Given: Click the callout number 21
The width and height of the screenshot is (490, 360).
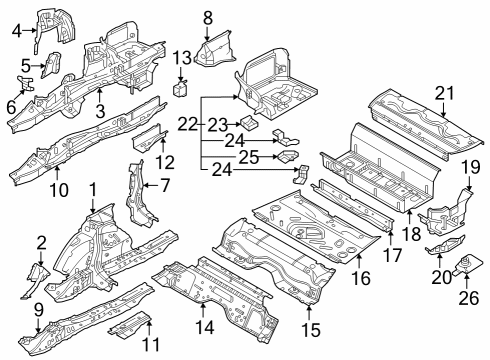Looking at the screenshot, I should coord(444,94).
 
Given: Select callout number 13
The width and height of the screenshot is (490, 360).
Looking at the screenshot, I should coord(181,56).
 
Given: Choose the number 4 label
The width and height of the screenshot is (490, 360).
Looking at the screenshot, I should coord(17,31).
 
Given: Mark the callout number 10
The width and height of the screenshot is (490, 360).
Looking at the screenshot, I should coord(59,188).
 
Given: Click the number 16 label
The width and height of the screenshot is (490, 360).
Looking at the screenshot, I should coord(359,277).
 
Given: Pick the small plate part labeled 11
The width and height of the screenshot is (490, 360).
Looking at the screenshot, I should coord(128,323).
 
